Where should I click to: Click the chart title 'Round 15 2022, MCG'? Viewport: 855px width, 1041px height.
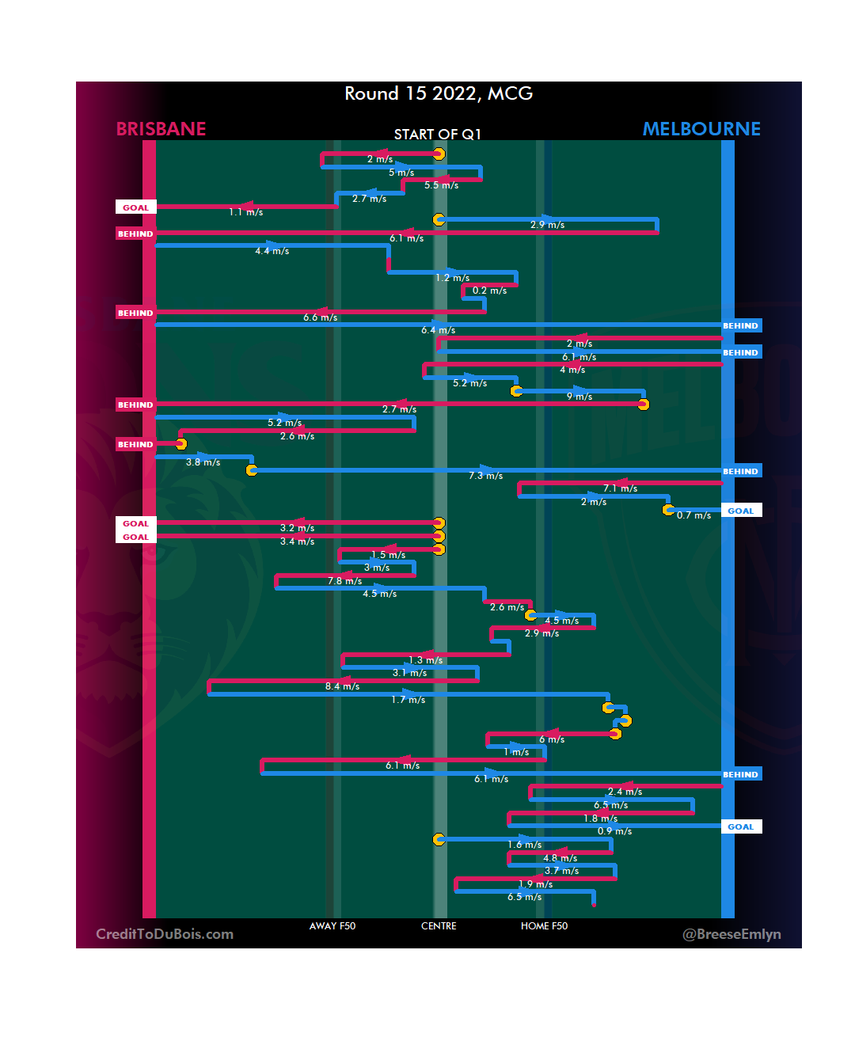pos(439,93)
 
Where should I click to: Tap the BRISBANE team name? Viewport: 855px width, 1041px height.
pos(161,129)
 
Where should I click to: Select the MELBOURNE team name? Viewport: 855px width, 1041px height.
pos(701,129)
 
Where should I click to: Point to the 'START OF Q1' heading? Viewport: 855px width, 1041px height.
pos(438,135)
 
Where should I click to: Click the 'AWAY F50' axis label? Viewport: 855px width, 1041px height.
pos(332,926)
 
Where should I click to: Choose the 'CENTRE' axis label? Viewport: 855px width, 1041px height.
pos(439,926)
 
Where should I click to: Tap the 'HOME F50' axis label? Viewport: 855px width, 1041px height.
pos(544,926)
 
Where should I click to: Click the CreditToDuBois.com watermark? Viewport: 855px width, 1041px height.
pos(165,934)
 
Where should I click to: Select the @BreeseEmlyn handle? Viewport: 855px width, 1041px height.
pos(731,934)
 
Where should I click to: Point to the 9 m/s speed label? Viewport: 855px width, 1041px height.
pos(579,397)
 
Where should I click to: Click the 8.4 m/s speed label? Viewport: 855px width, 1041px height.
pos(342,686)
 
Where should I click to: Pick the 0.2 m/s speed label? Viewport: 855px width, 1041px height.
pos(489,291)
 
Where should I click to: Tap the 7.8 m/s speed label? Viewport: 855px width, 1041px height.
pos(345,581)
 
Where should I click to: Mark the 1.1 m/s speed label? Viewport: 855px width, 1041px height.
pos(246,212)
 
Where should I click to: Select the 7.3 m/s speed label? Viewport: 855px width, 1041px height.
pos(486,476)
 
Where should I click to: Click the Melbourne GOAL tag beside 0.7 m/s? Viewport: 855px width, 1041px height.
pos(741,511)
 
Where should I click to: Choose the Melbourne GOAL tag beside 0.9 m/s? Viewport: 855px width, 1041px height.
pos(741,826)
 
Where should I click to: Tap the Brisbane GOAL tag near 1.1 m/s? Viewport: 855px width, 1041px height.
pos(135,207)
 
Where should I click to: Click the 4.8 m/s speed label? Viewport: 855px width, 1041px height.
pos(560,858)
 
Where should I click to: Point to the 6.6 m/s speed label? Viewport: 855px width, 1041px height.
pos(321,317)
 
